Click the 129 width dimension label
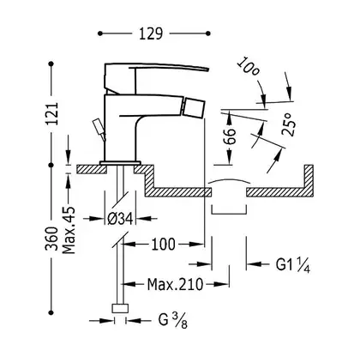pos(151,33)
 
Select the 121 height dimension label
pos(51,113)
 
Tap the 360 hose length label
pos(51,239)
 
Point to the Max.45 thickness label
pos(69,230)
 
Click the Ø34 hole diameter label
pos(120,220)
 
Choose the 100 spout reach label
pos(163,245)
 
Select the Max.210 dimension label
pos(175,284)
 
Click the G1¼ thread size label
pos(293,264)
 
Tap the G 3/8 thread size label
pos(173,321)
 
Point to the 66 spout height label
pos(229,136)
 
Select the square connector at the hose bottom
pos(120,309)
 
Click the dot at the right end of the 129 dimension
pos(208,33)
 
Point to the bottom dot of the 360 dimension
pos(51,312)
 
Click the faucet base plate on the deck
pos(120,163)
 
